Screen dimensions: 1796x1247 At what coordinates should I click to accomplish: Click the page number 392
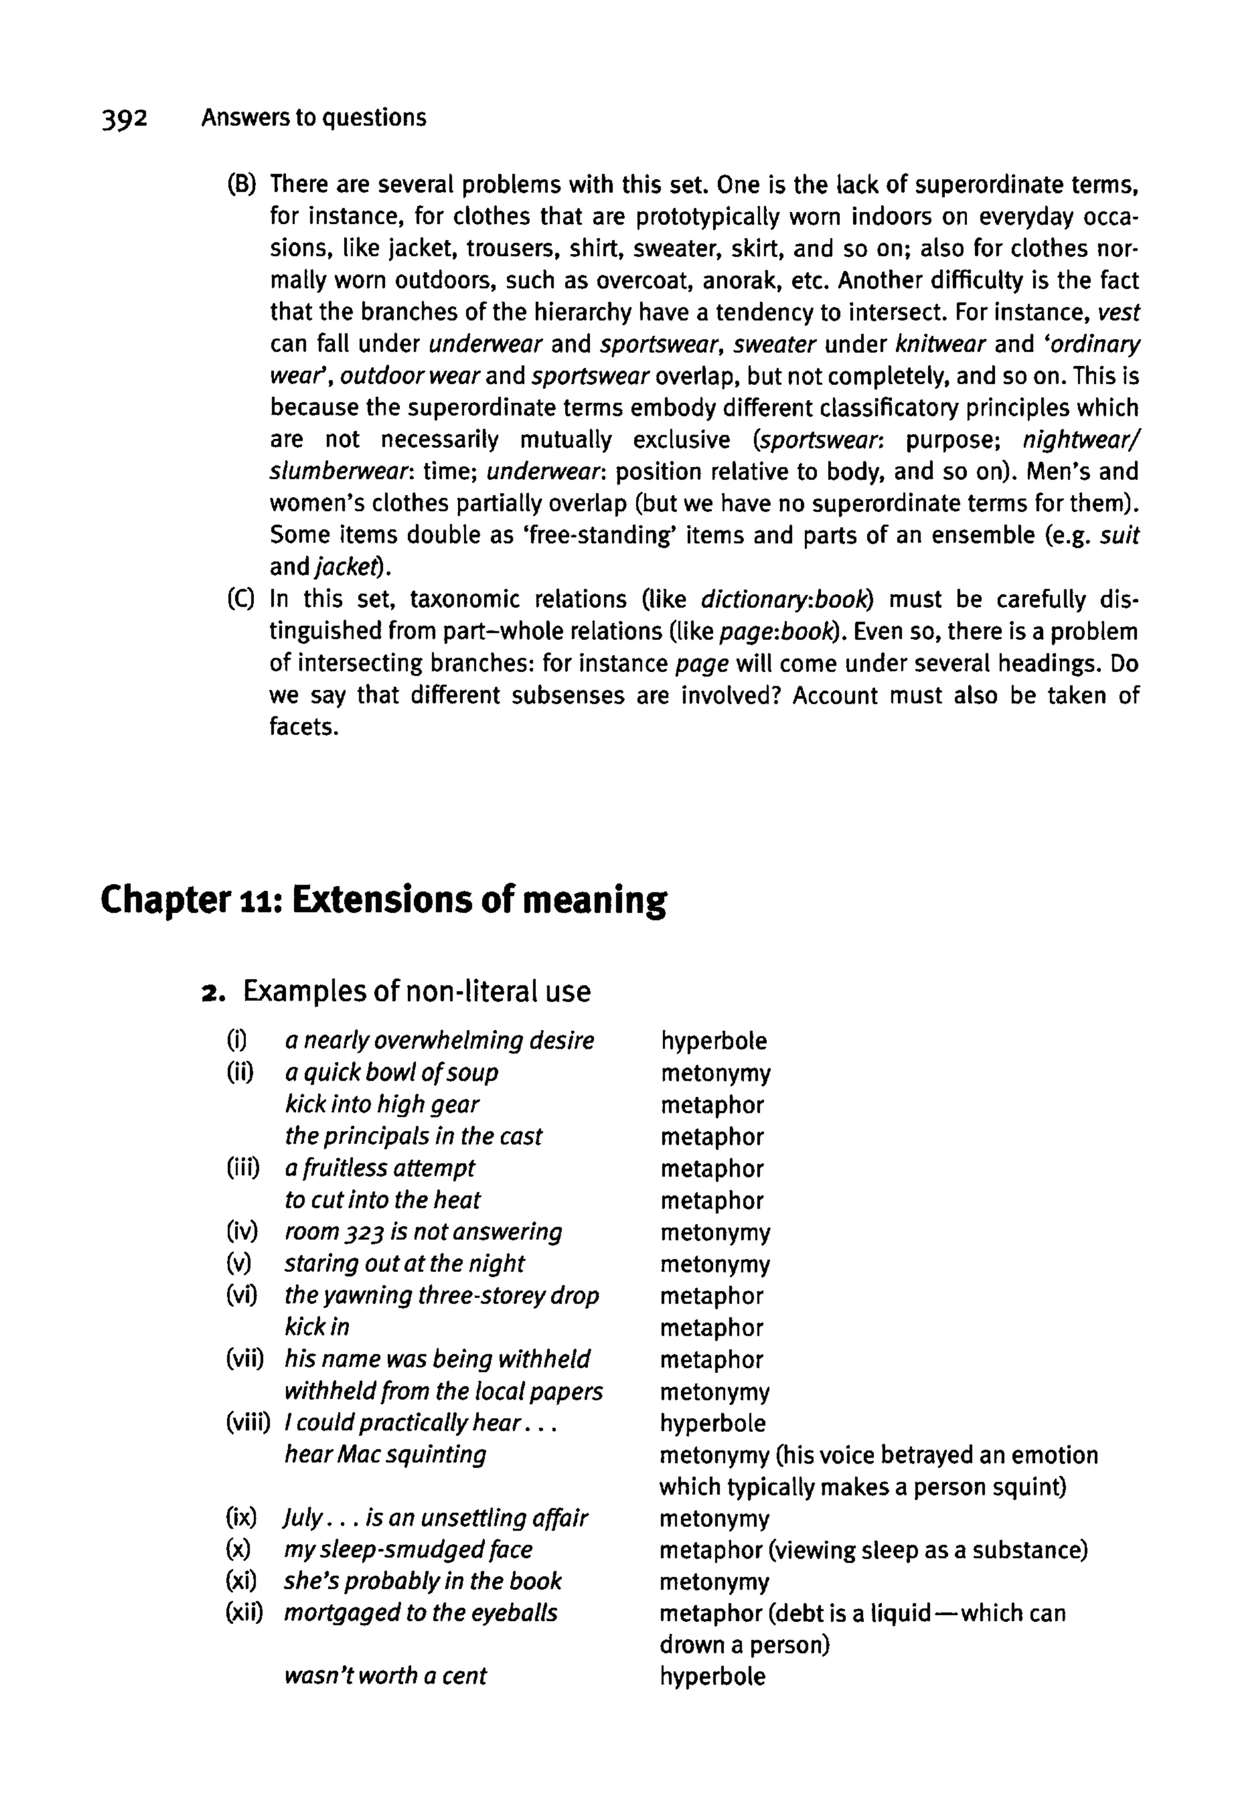124,119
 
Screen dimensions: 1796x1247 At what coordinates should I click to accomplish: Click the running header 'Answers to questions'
314,118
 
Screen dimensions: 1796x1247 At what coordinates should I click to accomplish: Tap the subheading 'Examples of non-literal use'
416,991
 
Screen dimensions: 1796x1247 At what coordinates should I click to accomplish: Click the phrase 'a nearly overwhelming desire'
439,1040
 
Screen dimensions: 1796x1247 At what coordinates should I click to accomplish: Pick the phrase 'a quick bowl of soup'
392,1073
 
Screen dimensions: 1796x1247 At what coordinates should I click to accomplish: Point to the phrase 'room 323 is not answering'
423,1232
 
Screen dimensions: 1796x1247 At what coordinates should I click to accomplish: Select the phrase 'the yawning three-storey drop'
441,1295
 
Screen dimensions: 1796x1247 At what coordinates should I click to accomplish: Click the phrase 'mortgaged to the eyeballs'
420,1613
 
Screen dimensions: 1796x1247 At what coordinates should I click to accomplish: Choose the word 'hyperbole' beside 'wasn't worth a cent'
712,1677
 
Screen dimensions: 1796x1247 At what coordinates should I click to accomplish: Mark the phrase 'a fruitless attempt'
380,1168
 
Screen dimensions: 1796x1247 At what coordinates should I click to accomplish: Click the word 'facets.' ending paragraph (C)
304,728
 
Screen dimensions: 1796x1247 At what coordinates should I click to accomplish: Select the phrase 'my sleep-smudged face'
408,1549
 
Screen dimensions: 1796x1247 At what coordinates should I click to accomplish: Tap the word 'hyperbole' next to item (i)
714,1040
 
